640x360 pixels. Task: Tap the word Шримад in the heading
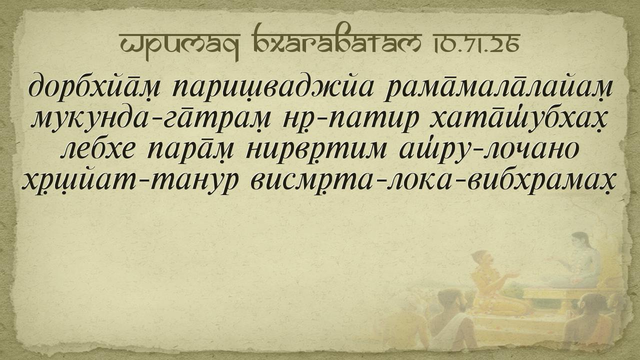tap(179, 45)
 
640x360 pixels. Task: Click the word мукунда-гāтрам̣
tap(151, 119)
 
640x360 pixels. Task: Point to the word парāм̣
tap(190, 150)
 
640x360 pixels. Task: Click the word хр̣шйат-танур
tap(130, 181)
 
